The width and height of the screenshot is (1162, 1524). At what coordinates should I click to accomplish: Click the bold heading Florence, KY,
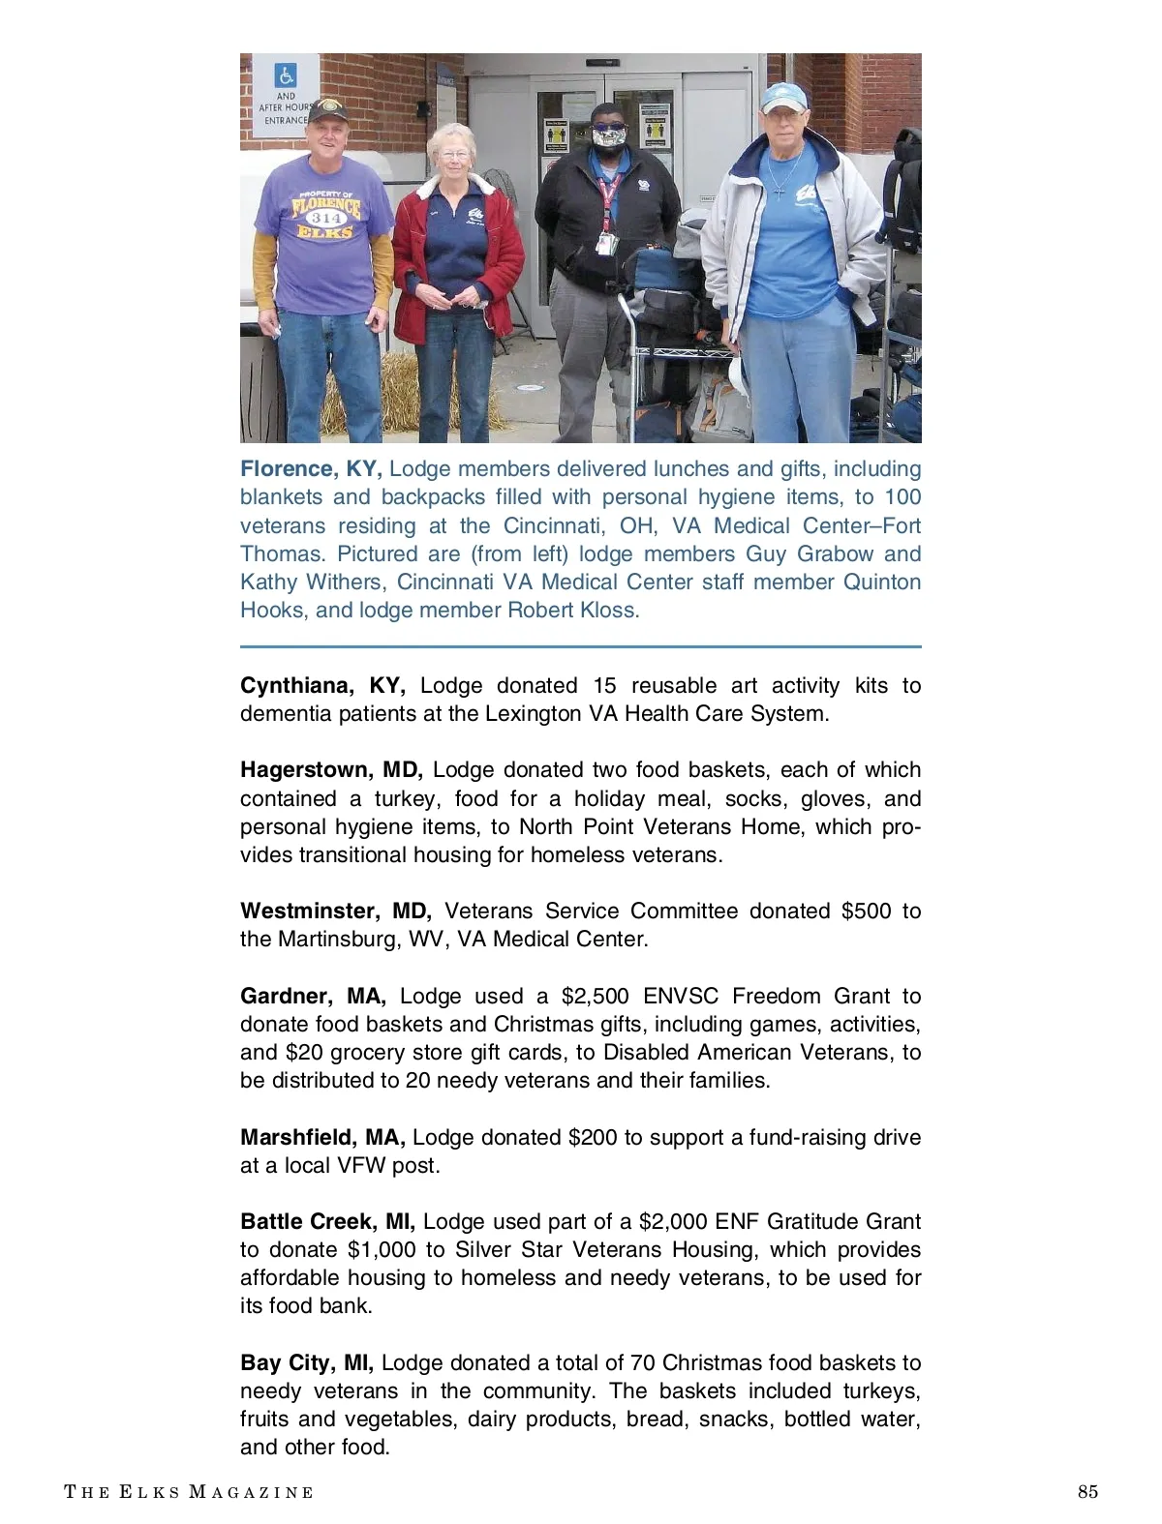coord(311,469)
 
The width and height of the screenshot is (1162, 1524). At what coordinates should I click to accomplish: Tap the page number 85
coord(1087,1492)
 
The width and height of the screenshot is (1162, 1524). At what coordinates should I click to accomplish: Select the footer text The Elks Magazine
coord(189,1492)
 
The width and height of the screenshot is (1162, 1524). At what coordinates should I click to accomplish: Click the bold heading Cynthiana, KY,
coord(322,686)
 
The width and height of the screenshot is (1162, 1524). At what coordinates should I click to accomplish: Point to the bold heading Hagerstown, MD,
coord(331,770)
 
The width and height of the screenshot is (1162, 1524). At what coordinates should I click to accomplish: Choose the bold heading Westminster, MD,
coord(335,911)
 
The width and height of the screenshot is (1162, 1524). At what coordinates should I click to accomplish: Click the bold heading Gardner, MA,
coord(313,997)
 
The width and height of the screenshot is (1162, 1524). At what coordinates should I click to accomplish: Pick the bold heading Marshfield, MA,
coord(322,1138)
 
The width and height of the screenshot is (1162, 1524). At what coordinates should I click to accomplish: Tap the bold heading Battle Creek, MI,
coord(327,1222)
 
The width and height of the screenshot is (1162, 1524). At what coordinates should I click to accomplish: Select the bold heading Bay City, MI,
coord(306,1363)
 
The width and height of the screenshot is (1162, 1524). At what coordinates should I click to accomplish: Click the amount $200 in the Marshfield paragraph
coord(593,1138)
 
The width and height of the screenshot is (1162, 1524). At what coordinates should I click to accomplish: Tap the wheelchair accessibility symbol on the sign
coord(286,75)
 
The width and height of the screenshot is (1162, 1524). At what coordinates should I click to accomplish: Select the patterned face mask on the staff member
coord(609,137)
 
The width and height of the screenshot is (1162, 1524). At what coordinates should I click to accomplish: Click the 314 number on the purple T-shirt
coord(326,219)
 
